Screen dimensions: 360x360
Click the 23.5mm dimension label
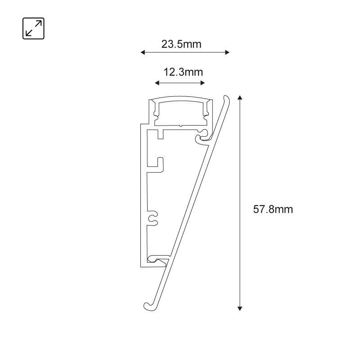[181, 44]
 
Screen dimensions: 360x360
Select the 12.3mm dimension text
[183, 72]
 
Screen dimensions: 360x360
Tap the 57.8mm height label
[273, 209]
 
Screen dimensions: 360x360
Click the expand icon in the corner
[33, 28]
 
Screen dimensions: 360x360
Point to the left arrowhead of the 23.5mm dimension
[143, 52]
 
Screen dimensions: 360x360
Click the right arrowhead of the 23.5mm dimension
[227, 52]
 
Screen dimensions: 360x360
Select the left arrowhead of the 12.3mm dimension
[157, 83]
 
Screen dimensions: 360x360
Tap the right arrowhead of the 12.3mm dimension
[202, 83]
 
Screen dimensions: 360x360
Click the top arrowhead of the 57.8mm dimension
[240, 97]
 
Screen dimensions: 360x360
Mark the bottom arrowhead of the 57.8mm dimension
[240, 309]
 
